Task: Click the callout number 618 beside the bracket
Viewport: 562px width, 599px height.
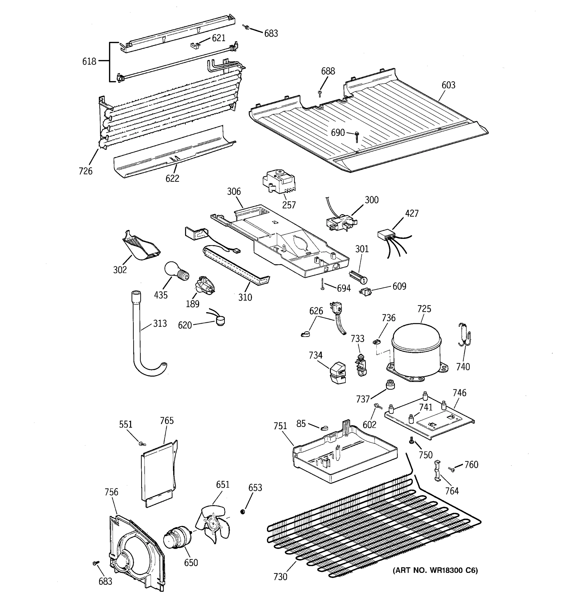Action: [x=89, y=61]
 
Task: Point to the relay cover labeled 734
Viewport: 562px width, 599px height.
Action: [x=338, y=373]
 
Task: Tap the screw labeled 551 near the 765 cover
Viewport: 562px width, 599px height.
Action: [x=141, y=444]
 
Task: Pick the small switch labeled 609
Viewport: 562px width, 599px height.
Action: [x=365, y=292]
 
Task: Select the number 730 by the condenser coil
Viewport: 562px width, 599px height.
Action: [x=280, y=577]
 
